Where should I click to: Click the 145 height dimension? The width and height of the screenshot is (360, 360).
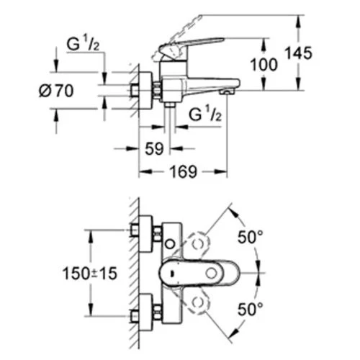298,53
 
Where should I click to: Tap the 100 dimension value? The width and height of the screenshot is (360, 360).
264,65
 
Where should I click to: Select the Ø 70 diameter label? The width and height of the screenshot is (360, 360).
56,91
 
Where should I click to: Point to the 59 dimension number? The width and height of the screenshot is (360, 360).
154,149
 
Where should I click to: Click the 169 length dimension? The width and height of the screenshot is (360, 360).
183,171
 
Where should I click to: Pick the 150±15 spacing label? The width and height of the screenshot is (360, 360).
90,274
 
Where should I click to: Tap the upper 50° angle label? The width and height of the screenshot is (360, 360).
250,237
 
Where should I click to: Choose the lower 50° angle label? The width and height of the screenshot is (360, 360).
250,309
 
